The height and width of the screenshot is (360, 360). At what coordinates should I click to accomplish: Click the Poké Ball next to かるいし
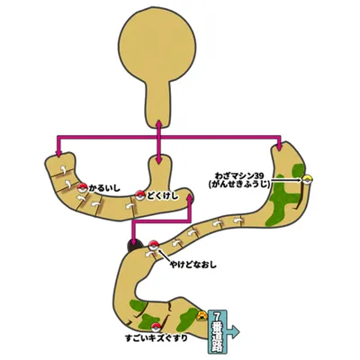(x=82, y=188)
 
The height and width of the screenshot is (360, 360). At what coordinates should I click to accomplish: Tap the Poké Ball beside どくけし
(x=140, y=195)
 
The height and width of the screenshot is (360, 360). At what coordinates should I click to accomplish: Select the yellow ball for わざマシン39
(x=307, y=180)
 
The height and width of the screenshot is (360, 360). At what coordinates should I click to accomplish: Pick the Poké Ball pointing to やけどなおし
(x=153, y=245)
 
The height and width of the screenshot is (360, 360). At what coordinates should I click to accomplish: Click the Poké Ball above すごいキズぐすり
(x=155, y=328)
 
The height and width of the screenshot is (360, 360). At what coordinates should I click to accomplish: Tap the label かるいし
(x=103, y=188)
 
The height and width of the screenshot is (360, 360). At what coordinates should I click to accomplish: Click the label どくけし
(x=162, y=196)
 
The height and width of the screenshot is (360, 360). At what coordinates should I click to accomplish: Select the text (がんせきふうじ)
(x=239, y=184)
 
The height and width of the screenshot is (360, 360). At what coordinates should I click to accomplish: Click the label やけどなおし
(x=193, y=265)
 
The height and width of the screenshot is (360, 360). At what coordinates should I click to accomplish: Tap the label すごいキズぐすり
(x=157, y=338)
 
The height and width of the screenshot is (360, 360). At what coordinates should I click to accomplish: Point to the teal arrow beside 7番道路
(x=233, y=332)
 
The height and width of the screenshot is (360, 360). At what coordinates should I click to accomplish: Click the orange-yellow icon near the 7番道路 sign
(x=202, y=316)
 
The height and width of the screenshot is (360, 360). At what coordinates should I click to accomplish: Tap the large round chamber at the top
(x=157, y=49)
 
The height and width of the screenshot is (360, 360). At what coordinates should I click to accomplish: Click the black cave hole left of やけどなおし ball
(x=134, y=246)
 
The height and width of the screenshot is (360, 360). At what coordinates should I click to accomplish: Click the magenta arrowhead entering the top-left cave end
(x=58, y=154)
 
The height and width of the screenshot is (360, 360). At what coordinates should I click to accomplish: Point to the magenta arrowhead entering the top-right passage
(x=279, y=147)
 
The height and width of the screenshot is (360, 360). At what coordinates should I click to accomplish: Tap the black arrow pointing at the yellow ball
(x=286, y=180)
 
